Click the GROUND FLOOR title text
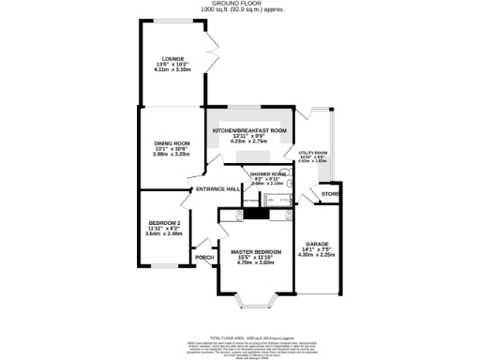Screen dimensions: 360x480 click(x=240, y=4)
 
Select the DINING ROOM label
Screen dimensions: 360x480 click(x=172, y=142)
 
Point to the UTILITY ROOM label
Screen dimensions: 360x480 click(x=313, y=152)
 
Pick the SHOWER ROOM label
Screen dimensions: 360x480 click(x=268, y=173)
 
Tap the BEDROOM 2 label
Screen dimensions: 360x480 click(x=163, y=222)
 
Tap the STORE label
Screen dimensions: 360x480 click(x=330, y=194)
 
